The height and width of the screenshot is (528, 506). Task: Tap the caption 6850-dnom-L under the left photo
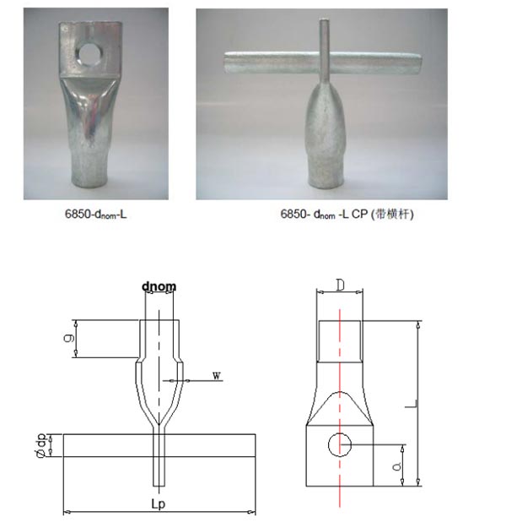pyautogui.click(x=95, y=215)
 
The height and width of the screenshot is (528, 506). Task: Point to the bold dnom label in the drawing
pyautogui.click(x=159, y=286)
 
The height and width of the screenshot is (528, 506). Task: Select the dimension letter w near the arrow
pyautogui.click(x=217, y=374)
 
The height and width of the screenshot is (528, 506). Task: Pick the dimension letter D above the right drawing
pyautogui.click(x=340, y=286)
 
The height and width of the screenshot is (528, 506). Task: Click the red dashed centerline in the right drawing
pyautogui.click(x=340, y=355)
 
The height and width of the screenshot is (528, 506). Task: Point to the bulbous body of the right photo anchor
pyautogui.click(x=324, y=127)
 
